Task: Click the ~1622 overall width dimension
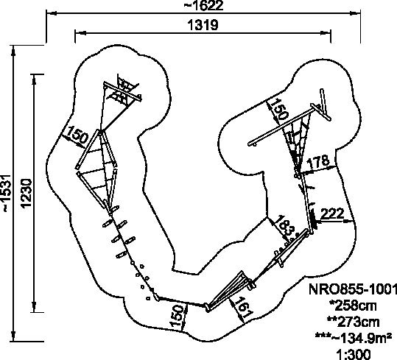point(203,6)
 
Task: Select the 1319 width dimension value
point(203,25)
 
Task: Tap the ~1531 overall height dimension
point(6,193)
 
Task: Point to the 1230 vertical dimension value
point(27,194)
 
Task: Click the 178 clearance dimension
point(317,162)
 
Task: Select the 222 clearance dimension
point(332,213)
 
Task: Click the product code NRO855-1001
point(352,289)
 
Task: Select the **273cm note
point(353,322)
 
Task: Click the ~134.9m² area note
point(354,338)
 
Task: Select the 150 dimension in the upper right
point(278,109)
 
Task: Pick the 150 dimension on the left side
point(77,135)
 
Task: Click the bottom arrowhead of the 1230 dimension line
point(35,307)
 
